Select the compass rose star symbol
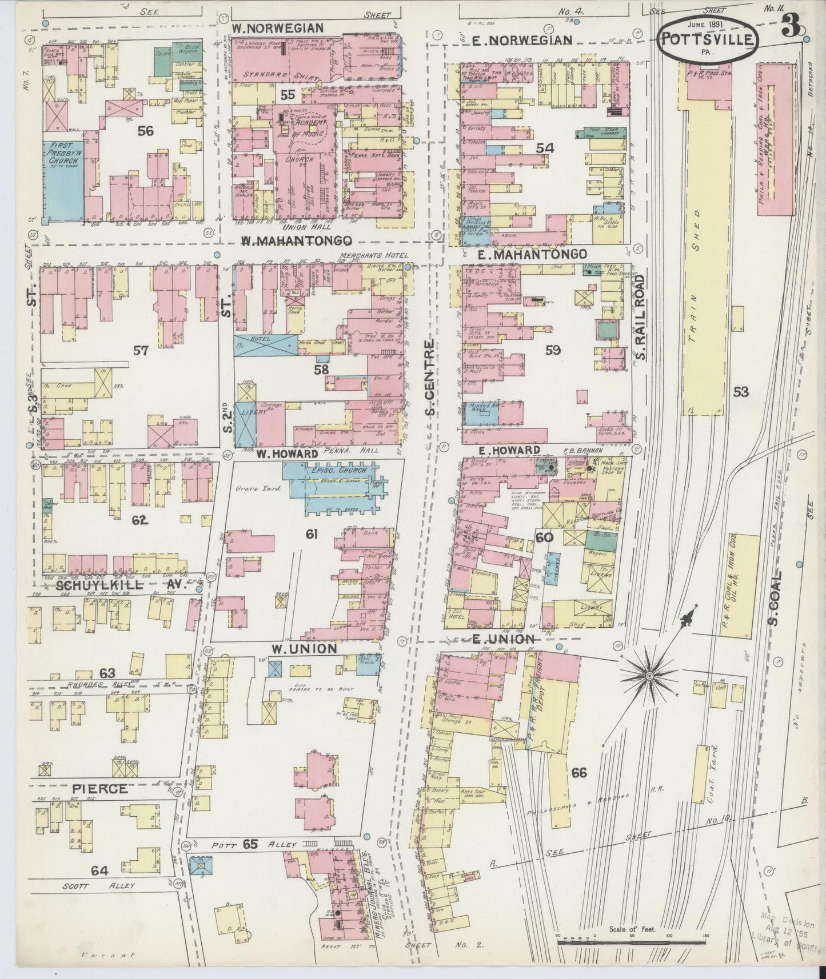pyautogui.click(x=649, y=676)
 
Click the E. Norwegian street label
pyautogui.click(x=522, y=39)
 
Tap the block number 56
pyautogui.click(x=146, y=131)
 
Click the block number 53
pyautogui.click(x=741, y=392)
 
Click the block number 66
pyautogui.click(x=578, y=773)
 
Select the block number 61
pyautogui.click(x=311, y=534)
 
